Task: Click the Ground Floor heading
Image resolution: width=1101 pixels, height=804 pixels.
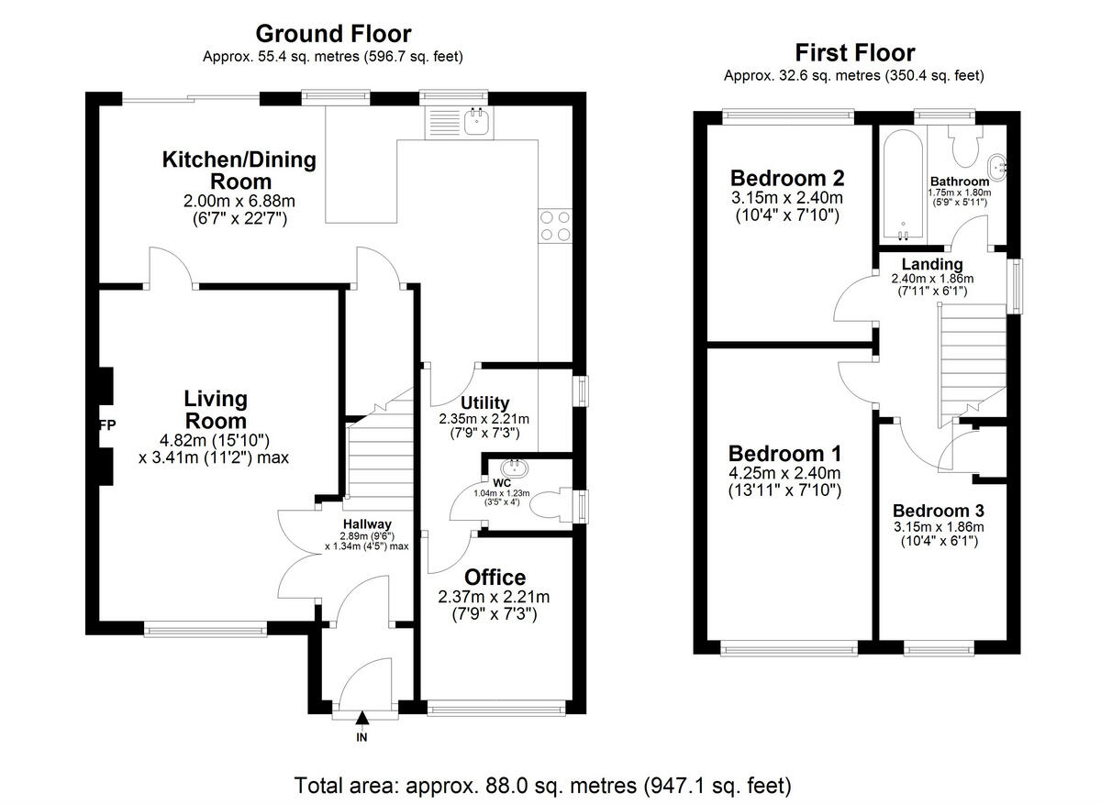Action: [333, 34]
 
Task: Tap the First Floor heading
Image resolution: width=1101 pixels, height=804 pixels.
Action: [854, 52]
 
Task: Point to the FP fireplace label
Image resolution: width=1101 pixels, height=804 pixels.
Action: [106, 425]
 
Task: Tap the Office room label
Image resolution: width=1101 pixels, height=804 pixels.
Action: [495, 578]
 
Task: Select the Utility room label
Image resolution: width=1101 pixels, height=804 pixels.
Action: [484, 402]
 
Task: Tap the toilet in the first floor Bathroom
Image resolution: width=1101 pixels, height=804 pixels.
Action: [963, 144]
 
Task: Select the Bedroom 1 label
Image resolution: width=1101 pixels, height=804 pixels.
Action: [784, 454]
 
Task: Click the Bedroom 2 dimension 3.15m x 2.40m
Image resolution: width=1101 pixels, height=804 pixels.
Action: [786, 198]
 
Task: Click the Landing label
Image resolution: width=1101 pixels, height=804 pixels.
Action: [932, 264]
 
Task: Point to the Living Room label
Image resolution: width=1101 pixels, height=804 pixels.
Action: [216, 410]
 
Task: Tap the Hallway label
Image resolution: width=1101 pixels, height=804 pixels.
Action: [367, 524]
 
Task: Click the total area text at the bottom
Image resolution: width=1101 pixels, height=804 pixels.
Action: [542, 786]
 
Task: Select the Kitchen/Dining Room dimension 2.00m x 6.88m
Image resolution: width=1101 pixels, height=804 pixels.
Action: [239, 201]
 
